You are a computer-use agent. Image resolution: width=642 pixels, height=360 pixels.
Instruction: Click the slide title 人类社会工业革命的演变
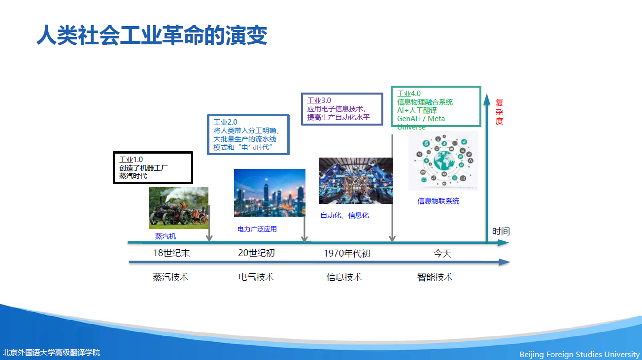pyautogui.click(x=152, y=35)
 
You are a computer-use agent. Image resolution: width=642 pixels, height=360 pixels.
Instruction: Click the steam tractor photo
pyautogui.click(x=178, y=208)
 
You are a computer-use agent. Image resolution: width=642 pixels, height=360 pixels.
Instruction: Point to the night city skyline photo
pyautogui.click(x=270, y=193)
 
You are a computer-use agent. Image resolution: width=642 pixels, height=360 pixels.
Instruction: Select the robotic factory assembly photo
pyautogui.click(x=356, y=181)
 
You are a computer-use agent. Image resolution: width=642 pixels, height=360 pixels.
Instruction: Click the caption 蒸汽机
pyautogui.click(x=166, y=236)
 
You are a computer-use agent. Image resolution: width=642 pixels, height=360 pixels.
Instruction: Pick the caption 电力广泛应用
pyautogui.click(x=257, y=229)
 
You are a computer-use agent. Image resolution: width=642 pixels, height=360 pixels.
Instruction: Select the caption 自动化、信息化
pyautogui.click(x=344, y=215)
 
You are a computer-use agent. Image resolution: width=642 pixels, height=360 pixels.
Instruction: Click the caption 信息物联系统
pyautogui.click(x=438, y=201)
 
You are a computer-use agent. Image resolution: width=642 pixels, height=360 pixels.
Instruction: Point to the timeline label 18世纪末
pyautogui.click(x=171, y=253)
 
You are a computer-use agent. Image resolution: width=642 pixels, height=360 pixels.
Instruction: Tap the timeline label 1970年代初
pyautogui.click(x=347, y=253)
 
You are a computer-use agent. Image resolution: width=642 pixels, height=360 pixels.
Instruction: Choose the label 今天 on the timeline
pyautogui.click(x=442, y=253)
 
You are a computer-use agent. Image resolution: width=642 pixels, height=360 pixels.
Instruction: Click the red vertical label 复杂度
pyautogui.click(x=499, y=112)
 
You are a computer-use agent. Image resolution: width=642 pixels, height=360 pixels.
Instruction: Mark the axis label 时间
pyautogui.click(x=501, y=231)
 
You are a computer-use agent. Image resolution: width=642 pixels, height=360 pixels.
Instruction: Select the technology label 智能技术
pyautogui.click(x=435, y=277)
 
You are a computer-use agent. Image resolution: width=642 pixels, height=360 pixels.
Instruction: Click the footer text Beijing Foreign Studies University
pyautogui.click(x=579, y=354)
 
